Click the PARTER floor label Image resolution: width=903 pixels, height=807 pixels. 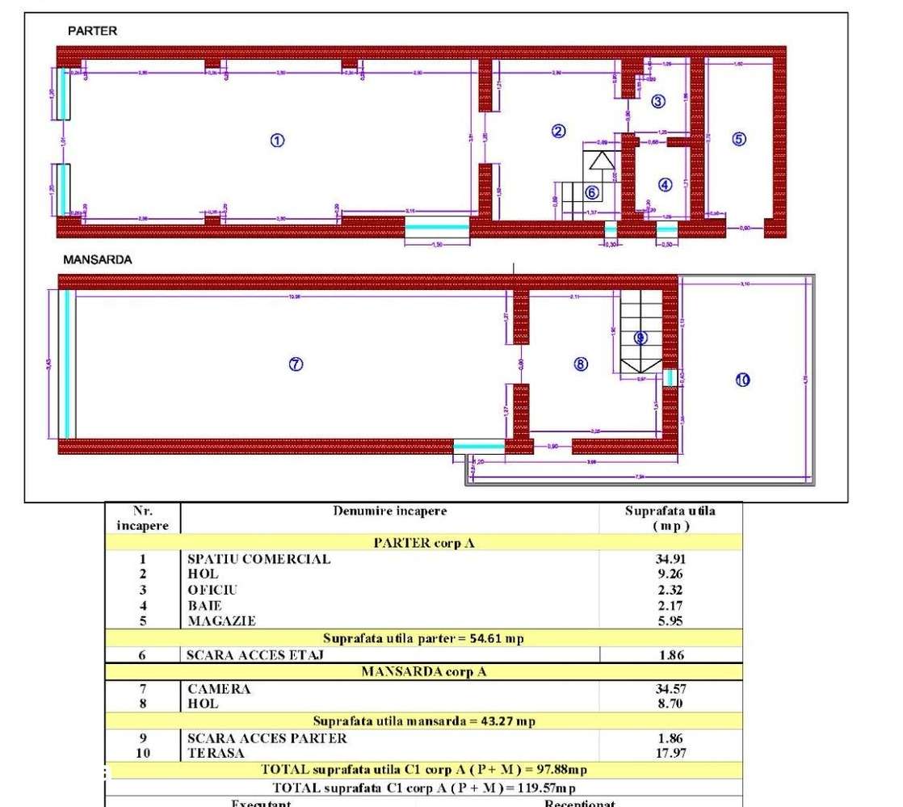coord(92,31)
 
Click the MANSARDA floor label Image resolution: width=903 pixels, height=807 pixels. coord(98,261)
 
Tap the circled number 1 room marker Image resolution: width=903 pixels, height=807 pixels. coord(276,140)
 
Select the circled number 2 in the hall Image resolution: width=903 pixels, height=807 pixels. coord(558,131)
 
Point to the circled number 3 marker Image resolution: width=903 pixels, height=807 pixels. coord(658,102)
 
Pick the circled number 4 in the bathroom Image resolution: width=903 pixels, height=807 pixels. coord(665,184)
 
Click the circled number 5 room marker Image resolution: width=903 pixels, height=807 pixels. coord(738,139)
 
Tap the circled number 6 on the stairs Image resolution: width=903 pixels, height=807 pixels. coord(591,192)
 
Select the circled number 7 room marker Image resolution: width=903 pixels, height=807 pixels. coord(296,364)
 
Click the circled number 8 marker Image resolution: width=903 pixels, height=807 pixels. coord(580,364)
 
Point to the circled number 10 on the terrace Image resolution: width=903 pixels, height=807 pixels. coord(743,380)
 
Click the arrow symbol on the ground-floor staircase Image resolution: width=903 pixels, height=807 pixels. coord(600,160)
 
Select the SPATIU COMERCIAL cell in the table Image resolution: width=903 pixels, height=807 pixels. coord(258,559)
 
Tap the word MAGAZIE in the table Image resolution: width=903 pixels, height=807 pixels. coord(221,621)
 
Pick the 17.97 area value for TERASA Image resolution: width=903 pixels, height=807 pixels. coord(670,753)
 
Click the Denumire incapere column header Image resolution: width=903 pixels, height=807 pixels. coord(389,511)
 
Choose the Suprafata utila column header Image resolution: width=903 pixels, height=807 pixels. coord(670,518)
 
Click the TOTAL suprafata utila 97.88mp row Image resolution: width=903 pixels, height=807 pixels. coord(423,769)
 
